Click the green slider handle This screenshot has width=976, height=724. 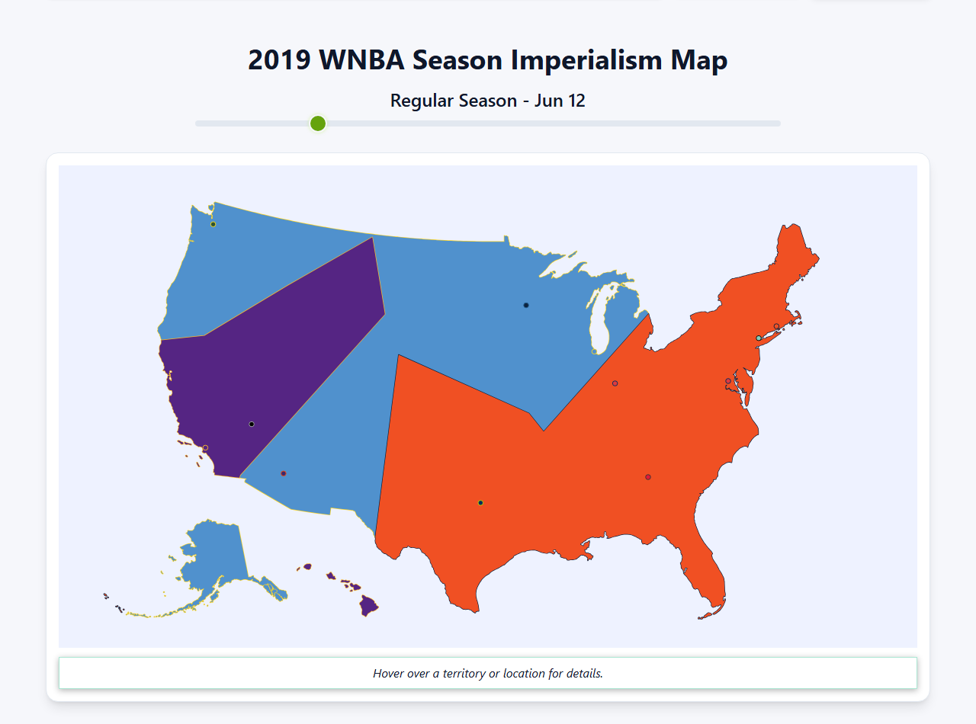click(318, 123)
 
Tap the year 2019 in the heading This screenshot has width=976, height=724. click(279, 60)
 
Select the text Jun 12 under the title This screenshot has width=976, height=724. click(559, 101)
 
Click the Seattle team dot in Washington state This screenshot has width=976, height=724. click(213, 224)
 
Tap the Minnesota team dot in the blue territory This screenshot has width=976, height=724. click(526, 306)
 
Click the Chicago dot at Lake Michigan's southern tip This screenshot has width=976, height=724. click(595, 351)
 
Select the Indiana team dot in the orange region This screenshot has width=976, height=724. click(615, 383)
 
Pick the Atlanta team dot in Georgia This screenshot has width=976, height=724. click(648, 477)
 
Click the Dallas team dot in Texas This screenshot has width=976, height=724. click(480, 503)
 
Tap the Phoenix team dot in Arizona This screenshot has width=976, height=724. click(284, 473)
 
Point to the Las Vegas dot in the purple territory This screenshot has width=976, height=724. click(252, 424)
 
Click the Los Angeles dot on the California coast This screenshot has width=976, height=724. click(205, 448)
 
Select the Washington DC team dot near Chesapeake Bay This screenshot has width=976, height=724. click(728, 381)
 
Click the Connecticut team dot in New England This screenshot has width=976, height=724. click(776, 326)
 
